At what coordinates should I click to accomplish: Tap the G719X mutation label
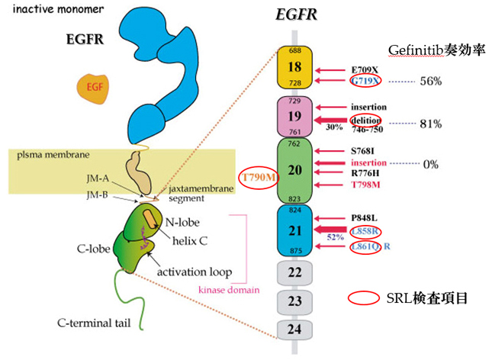364,80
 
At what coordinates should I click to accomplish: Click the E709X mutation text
365,69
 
